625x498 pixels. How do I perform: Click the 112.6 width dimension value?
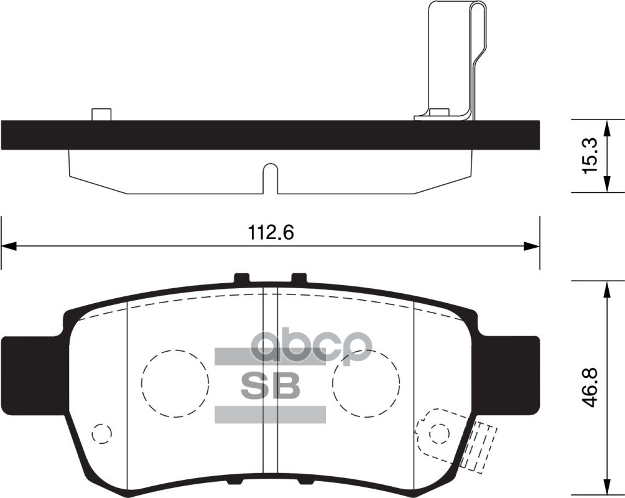pyautogui.click(x=271, y=233)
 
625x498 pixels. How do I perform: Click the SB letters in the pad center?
pyautogui.click(x=270, y=386)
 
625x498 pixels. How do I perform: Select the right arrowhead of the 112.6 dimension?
pyautogui.click(x=531, y=247)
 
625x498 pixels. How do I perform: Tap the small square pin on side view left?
pyautogui.click(x=101, y=115)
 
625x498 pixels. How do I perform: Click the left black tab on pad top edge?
pyautogui.click(x=241, y=278)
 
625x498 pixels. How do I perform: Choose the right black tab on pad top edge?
pyautogui.click(x=299, y=278)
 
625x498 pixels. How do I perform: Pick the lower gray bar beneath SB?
pyautogui.click(x=270, y=415)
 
